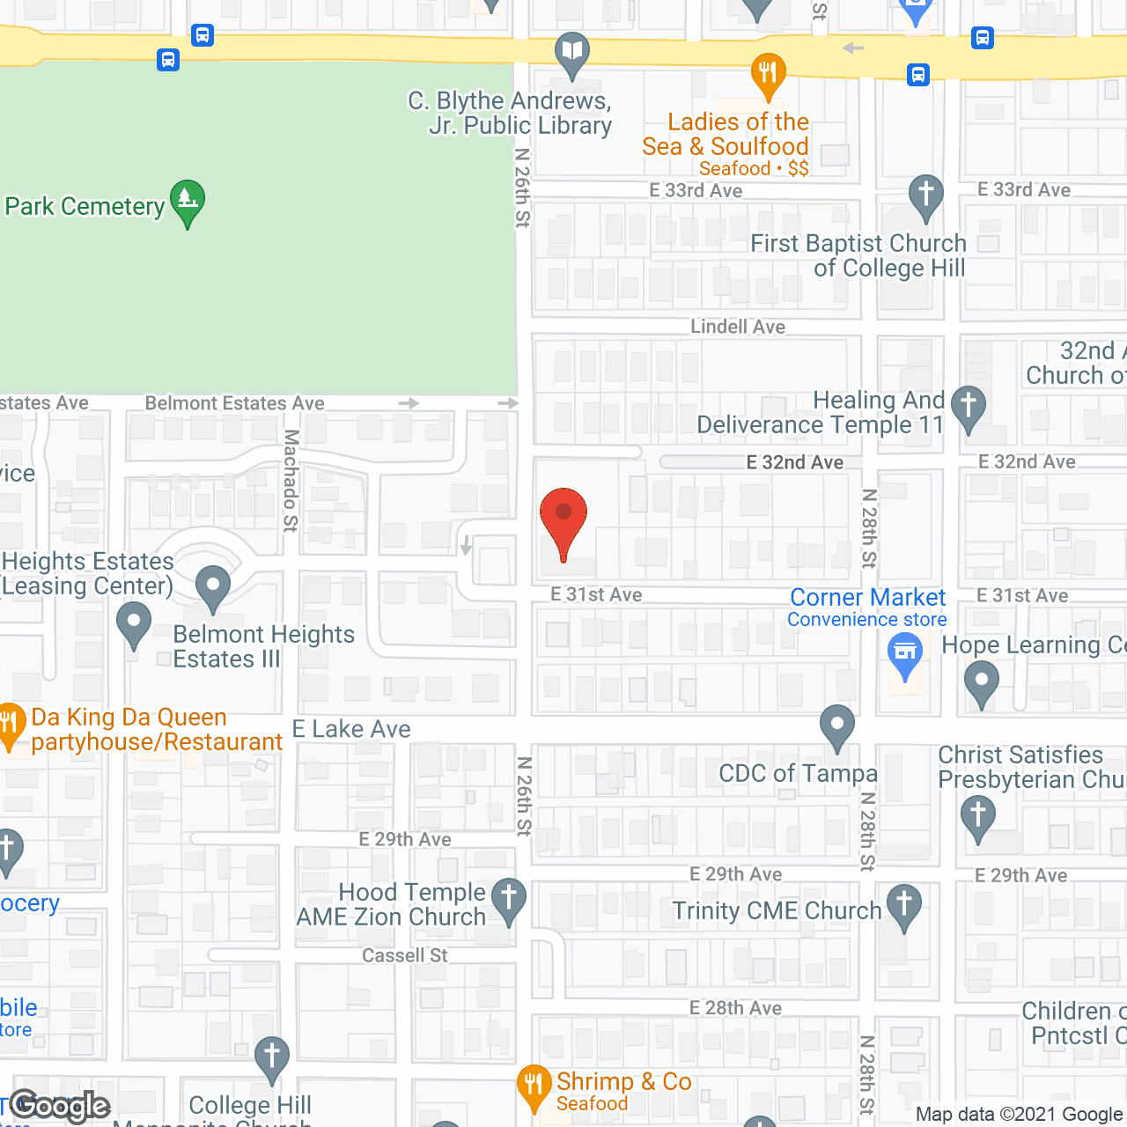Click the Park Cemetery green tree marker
pyautogui.click(x=188, y=202)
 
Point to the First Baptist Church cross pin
pyautogui.click(x=926, y=195)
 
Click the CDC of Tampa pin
pyautogui.click(x=837, y=726)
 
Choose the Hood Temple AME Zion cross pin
pyautogui.click(x=509, y=899)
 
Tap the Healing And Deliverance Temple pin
pyautogui.click(x=969, y=408)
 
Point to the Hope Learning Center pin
pyautogui.click(x=982, y=681)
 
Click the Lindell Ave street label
pyautogui.click(x=738, y=327)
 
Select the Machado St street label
pyautogui.click(x=291, y=481)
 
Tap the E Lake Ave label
pyautogui.click(x=351, y=729)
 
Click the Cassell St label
pyautogui.click(x=405, y=955)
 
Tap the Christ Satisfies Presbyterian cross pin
pyautogui.click(x=978, y=817)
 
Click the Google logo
pyautogui.click(x=60, y=1106)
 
